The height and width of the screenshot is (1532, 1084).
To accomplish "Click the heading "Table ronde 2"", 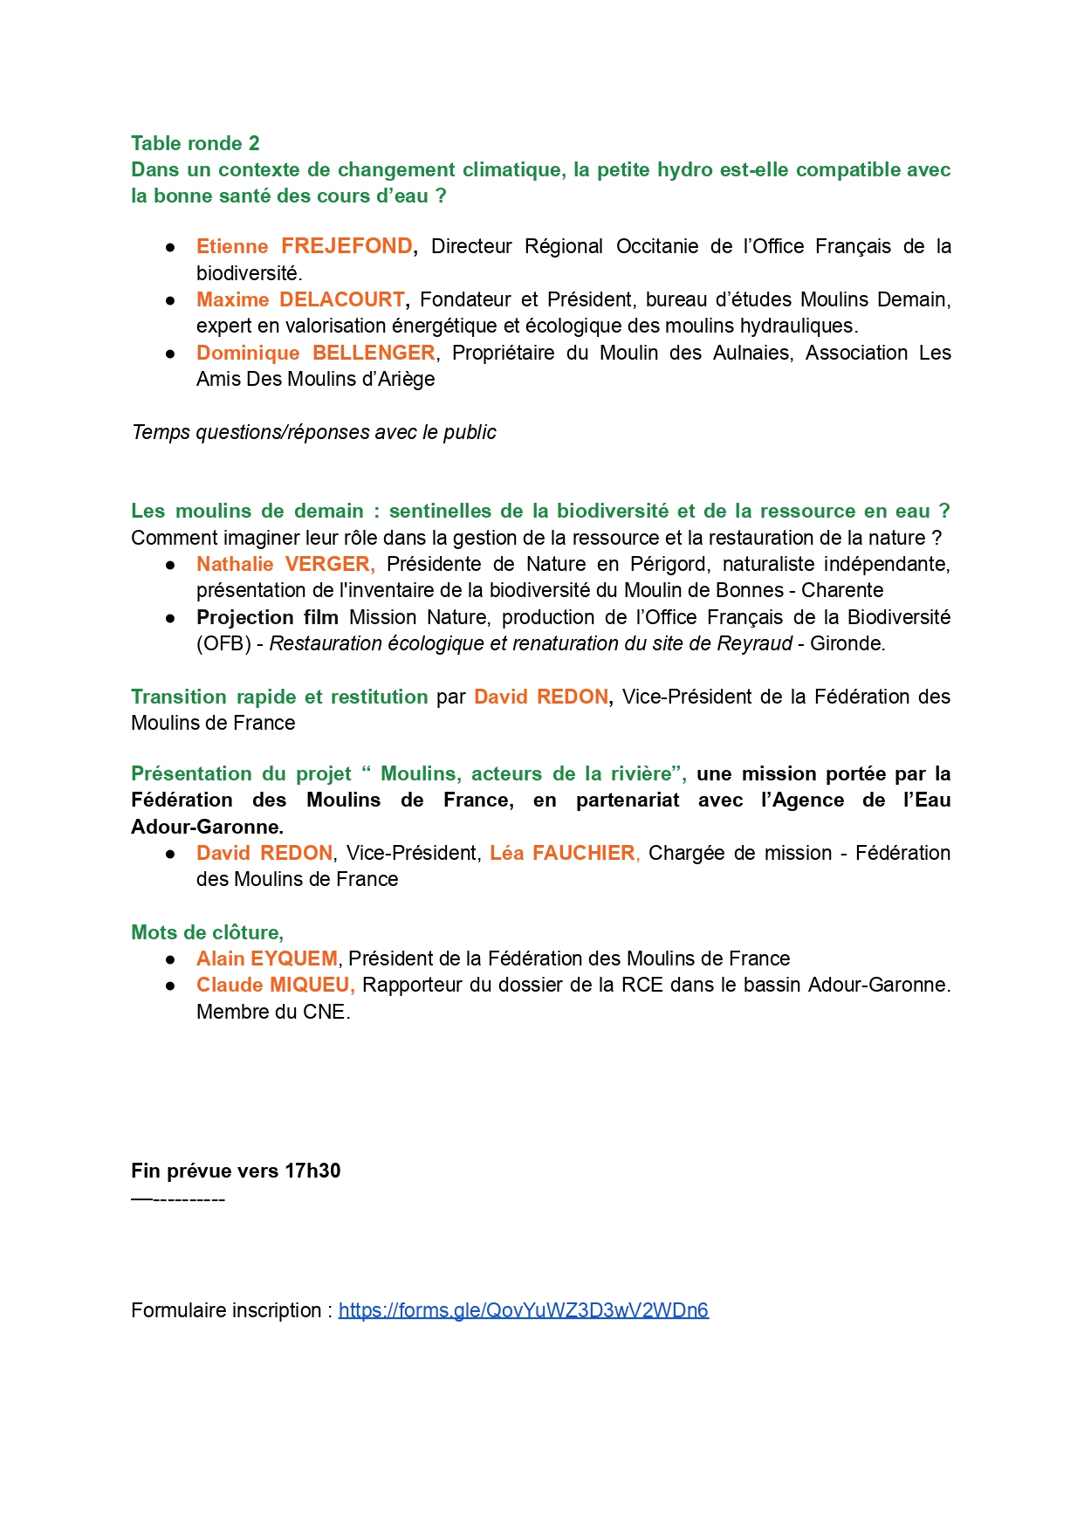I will (x=195, y=143).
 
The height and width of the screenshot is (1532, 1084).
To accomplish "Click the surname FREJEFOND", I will (x=346, y=246).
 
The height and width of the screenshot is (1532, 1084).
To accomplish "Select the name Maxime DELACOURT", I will (x=300, y=299).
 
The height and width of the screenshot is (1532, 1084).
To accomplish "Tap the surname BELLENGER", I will (x=374, y=353).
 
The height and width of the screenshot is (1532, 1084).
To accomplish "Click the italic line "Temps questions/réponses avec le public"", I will (x=313, y=432).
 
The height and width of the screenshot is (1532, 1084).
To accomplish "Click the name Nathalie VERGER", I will (x=285, y=564).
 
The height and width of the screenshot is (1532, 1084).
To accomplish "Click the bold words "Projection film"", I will (x=267, y=617).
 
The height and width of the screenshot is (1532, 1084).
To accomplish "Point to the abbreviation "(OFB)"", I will (x=223, y=643).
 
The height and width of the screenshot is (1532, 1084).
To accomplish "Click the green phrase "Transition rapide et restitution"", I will (x=279, y=697).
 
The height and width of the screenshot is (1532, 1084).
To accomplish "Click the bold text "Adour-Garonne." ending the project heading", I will (x=207, y=827).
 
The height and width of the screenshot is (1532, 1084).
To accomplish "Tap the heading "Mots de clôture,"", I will (x=207, y=932).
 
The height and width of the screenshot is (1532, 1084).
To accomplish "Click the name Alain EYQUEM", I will (x=266, y=958).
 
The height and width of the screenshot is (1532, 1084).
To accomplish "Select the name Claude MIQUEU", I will (x=274, y=985).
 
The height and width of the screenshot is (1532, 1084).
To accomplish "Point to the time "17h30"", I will (x=312, y=1171).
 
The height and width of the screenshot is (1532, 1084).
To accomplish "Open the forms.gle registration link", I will (x=523, y=1310).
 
